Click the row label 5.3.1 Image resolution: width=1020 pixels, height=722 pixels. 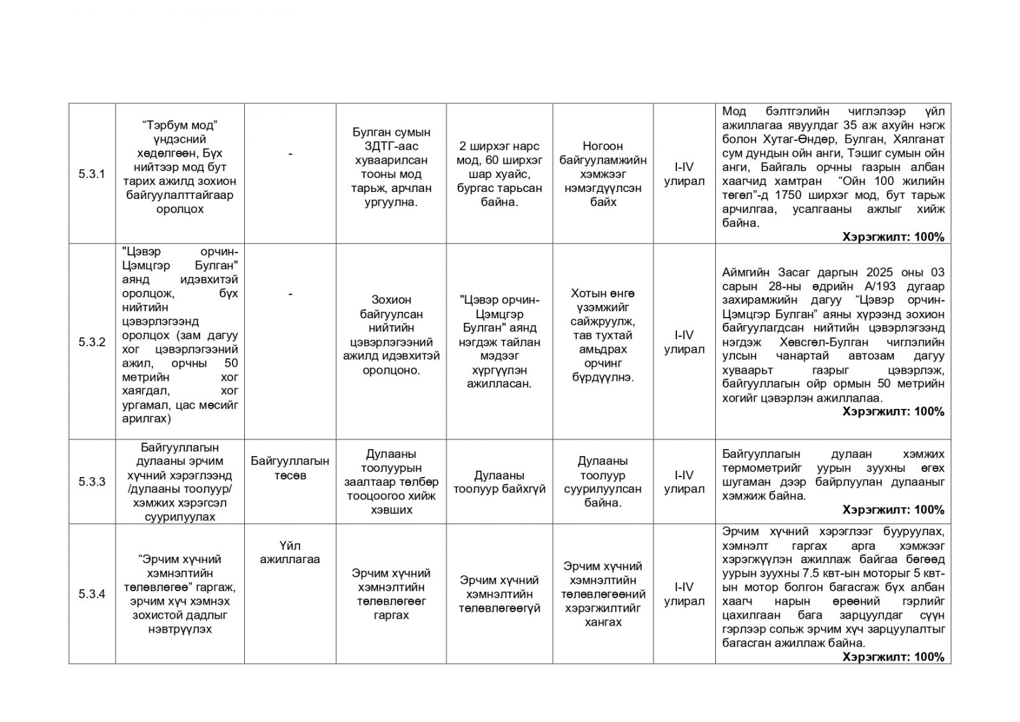(x=92, y=174)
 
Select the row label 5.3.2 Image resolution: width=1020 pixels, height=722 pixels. (x=92, y=343)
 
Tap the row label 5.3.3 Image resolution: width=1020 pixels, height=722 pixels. (x=92, y=482)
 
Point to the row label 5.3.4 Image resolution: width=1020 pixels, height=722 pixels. (x=92, y=594)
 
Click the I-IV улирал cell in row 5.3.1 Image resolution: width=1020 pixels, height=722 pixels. (x=684, y=174)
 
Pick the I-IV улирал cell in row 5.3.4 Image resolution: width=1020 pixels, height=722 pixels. (x=684, y=594)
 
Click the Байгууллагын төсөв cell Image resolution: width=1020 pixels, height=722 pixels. (x=290, y=468)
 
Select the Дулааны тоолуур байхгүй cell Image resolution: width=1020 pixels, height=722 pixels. (x=499, y=482)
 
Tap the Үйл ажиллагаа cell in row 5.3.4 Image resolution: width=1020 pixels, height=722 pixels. (x=290, y=552)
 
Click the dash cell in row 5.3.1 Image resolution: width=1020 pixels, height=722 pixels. (x=290, y=154)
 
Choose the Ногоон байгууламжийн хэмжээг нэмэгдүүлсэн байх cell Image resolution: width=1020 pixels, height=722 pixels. (x=602, y=174)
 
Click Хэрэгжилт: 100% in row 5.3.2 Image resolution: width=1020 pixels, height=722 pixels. (x=892, y=412)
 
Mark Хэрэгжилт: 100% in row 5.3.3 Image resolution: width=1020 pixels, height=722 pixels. (x=892, y=510)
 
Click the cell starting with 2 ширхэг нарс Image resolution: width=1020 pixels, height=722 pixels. (x=499, y=174)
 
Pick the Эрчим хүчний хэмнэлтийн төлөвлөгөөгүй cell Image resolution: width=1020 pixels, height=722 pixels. (x=499, y=594)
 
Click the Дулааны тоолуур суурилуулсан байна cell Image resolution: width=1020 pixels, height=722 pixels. (x=602, y=482)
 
